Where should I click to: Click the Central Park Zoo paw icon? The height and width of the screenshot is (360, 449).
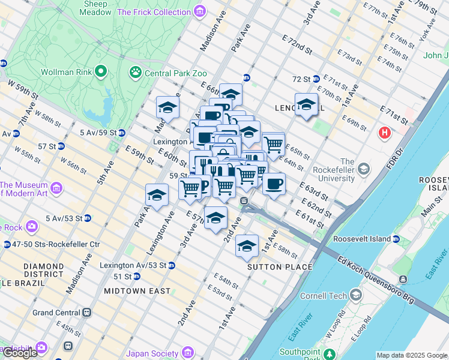[136, 73]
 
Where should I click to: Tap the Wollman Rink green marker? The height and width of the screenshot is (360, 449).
[100, 73]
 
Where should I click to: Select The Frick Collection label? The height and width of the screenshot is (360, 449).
[154, 11]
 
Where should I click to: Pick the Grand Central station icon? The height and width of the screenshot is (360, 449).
[87, 313]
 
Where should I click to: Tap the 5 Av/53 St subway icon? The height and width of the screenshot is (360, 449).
[87, 218]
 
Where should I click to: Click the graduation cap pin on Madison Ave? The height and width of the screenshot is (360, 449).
[167, 107]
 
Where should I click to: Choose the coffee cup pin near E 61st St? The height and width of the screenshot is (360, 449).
[274, 184]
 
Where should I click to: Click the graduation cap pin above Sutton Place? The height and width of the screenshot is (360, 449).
[246, 245]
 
